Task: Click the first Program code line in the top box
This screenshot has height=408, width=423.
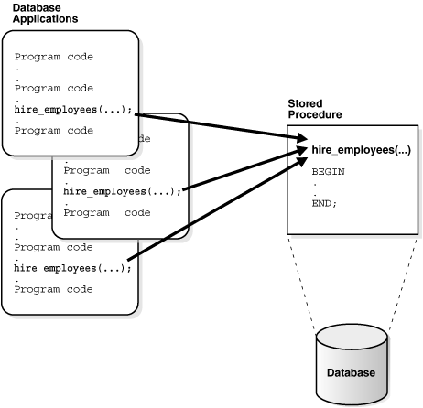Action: (54, 57)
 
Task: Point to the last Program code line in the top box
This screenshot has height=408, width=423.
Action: (54, 130)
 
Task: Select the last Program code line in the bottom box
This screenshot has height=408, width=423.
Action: (54, 289)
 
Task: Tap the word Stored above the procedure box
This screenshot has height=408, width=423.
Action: (305, 105)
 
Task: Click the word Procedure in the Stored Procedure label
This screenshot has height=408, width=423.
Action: (315, 115)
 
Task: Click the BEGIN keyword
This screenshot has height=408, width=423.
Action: (328, 171)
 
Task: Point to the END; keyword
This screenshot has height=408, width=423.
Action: (324, 203)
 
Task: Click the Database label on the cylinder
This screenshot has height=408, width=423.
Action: (352, 373)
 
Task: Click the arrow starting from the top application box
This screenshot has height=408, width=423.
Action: (220, 124)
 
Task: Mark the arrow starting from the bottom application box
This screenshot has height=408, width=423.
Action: (220, 210)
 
